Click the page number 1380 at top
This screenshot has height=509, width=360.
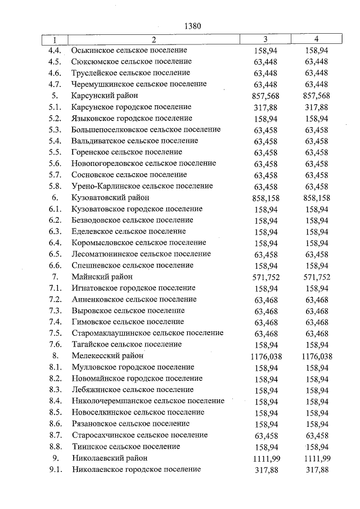(x=192, y=26)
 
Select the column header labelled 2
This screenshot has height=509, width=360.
(x=153, y=40)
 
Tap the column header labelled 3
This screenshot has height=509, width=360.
(x=265, y=40)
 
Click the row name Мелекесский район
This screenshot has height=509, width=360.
(x=107, y=356)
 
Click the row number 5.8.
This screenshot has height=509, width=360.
(x=55, y=186)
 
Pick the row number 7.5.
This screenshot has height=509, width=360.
(x=55, y=334)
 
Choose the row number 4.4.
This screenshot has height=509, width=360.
(x=55, y=51)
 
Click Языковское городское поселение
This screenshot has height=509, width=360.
(x=132, y=118)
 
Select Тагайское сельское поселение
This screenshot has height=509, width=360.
(x=127, y=345)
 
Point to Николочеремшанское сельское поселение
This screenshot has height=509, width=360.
(x=148, y=402)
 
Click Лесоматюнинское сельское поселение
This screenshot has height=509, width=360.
(x=141, y=254)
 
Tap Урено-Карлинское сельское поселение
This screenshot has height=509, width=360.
(x=142, y=186)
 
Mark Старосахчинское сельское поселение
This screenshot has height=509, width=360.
(x=140, y=435)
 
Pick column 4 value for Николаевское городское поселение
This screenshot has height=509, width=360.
(x=316, y=469)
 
